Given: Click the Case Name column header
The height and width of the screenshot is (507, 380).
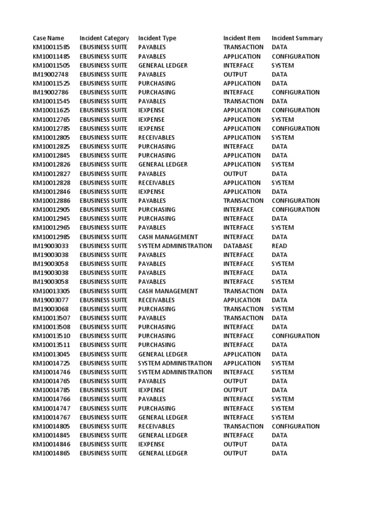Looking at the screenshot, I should coord(48,38).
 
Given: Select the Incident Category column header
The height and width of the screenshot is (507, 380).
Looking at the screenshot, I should coord(104,38).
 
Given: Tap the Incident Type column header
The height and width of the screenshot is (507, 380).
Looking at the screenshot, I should coord(157,38).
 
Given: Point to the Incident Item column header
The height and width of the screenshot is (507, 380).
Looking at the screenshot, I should coord(241,38).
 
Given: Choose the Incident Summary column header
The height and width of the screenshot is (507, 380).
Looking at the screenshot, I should coord(297,38).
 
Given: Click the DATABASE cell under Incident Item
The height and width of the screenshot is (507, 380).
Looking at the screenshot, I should coord(238,246).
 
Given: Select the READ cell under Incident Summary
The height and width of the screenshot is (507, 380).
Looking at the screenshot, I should coord(279,246).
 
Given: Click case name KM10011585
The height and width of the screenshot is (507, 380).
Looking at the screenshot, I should coord(51,47).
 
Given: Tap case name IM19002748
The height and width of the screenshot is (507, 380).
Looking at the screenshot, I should coord(50,74).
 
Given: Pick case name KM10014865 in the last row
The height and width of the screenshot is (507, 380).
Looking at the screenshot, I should coord(51,453).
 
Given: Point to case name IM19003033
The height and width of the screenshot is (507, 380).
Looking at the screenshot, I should coord(50,246).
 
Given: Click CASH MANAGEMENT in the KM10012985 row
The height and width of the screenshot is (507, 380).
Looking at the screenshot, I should coord(168,237).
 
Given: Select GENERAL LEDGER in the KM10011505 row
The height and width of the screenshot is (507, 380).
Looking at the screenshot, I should coord(163,65).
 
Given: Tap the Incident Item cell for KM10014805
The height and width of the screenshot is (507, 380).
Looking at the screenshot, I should coord(243,426).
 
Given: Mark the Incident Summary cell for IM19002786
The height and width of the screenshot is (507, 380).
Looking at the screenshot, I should coord(295,92).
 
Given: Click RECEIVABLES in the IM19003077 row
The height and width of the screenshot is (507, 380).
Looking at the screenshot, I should coord(156,300).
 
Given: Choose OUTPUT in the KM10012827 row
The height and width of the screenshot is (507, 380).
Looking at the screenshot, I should coord(235,174).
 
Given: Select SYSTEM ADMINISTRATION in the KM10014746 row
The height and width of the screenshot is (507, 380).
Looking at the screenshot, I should coord(175,372).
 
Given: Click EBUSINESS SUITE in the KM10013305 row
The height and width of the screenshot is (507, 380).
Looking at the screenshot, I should coord(103,291).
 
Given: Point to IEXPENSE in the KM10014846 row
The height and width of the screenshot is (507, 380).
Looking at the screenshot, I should coord(151,444).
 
